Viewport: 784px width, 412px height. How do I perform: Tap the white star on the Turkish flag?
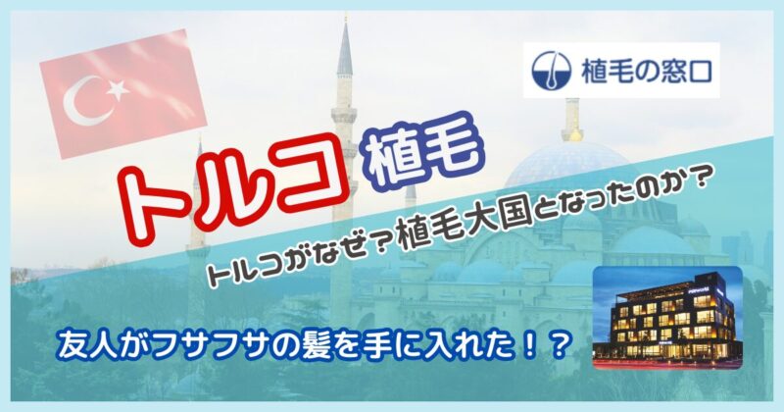[118, 89]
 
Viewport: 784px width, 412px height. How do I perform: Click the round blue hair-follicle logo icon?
[551, 71]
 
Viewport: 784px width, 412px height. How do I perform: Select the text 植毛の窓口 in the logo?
[646, 71]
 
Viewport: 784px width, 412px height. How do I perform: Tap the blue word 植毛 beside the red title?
[426, 151]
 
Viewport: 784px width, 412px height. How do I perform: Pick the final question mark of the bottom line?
[560, 344]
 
